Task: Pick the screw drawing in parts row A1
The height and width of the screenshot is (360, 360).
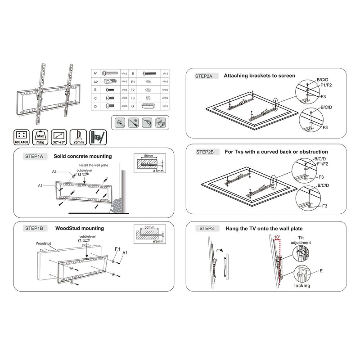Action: click(x=110, y=73)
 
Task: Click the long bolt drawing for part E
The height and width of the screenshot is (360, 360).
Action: click(x=148, y=73)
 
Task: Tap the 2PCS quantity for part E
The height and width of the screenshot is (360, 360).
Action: click(x=166, y=73)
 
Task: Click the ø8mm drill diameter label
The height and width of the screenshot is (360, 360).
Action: click(x=158, y=171)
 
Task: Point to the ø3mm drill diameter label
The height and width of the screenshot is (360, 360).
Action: click(x=158, y=243)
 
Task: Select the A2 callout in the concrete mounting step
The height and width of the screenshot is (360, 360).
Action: click(x=54, y=171)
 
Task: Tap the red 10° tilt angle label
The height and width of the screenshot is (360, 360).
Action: click(x=276, y=237)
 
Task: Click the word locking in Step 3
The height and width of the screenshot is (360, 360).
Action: click(x=302, y=285)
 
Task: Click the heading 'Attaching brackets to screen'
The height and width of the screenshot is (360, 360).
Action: click(x=259, y=76)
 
